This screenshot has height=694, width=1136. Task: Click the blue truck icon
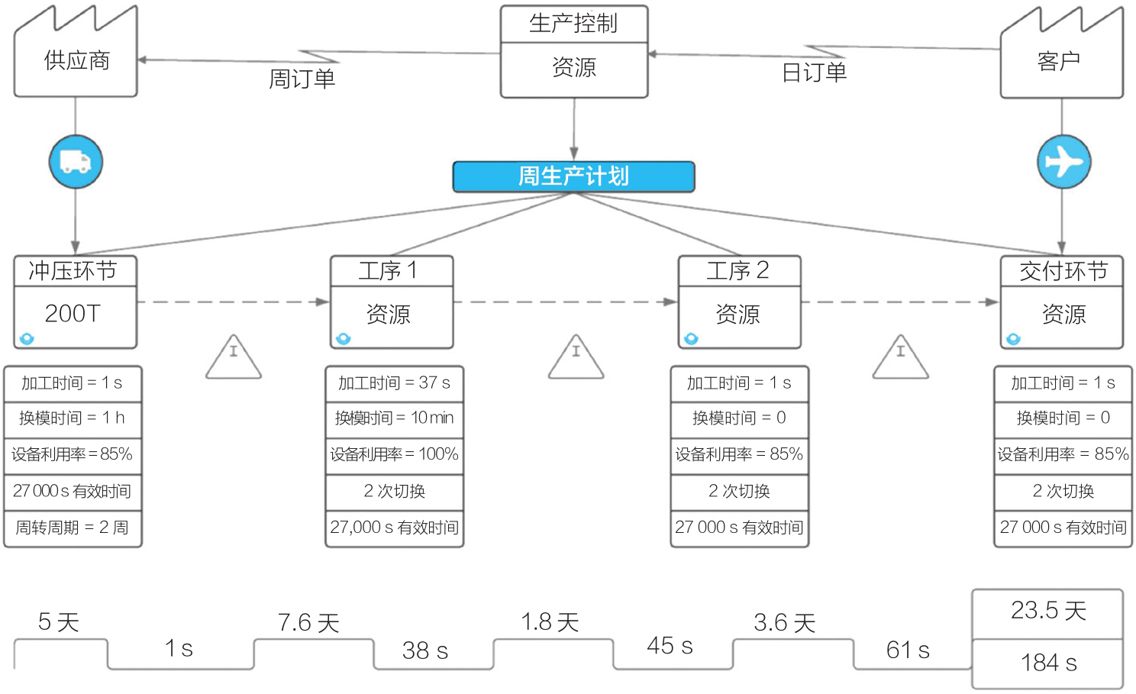click(76, 162)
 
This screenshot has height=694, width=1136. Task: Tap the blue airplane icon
click(1063, 162)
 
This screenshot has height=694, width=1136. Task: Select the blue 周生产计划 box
click(573, 176)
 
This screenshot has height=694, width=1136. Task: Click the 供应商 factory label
click(76, 60)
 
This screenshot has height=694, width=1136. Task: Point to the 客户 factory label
click(1059, 61)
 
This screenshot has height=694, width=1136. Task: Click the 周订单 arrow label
click(302, 79)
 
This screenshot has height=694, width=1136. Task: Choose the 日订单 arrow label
click(814, 73)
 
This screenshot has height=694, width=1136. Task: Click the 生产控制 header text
click(573, 24)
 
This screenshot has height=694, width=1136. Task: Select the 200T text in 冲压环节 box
click(73, 313)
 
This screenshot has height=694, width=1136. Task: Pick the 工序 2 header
click(737, 270)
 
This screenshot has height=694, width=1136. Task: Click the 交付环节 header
click(1063, 270)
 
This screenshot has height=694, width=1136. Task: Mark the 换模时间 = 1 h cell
click(73, 418)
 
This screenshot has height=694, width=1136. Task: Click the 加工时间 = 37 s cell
click(394, 383)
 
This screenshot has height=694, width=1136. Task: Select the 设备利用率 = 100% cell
click(394, 454)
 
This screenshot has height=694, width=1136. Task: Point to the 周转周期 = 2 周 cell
click(73, 528)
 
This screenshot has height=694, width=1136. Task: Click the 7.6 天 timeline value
click(308, 623)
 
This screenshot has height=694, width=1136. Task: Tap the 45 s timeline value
click(670, 646)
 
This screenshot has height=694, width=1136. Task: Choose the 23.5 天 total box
click(1047, 611)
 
